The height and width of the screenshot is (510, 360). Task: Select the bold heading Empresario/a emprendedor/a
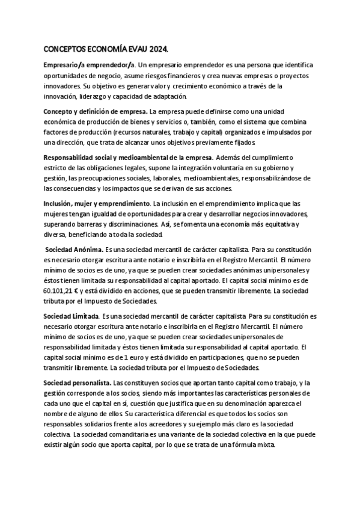pos(90,65)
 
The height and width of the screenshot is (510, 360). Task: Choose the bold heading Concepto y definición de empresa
pos(96,112)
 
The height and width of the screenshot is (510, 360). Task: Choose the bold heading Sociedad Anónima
pos(75,250)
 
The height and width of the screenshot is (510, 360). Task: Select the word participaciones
pos(218,357)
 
